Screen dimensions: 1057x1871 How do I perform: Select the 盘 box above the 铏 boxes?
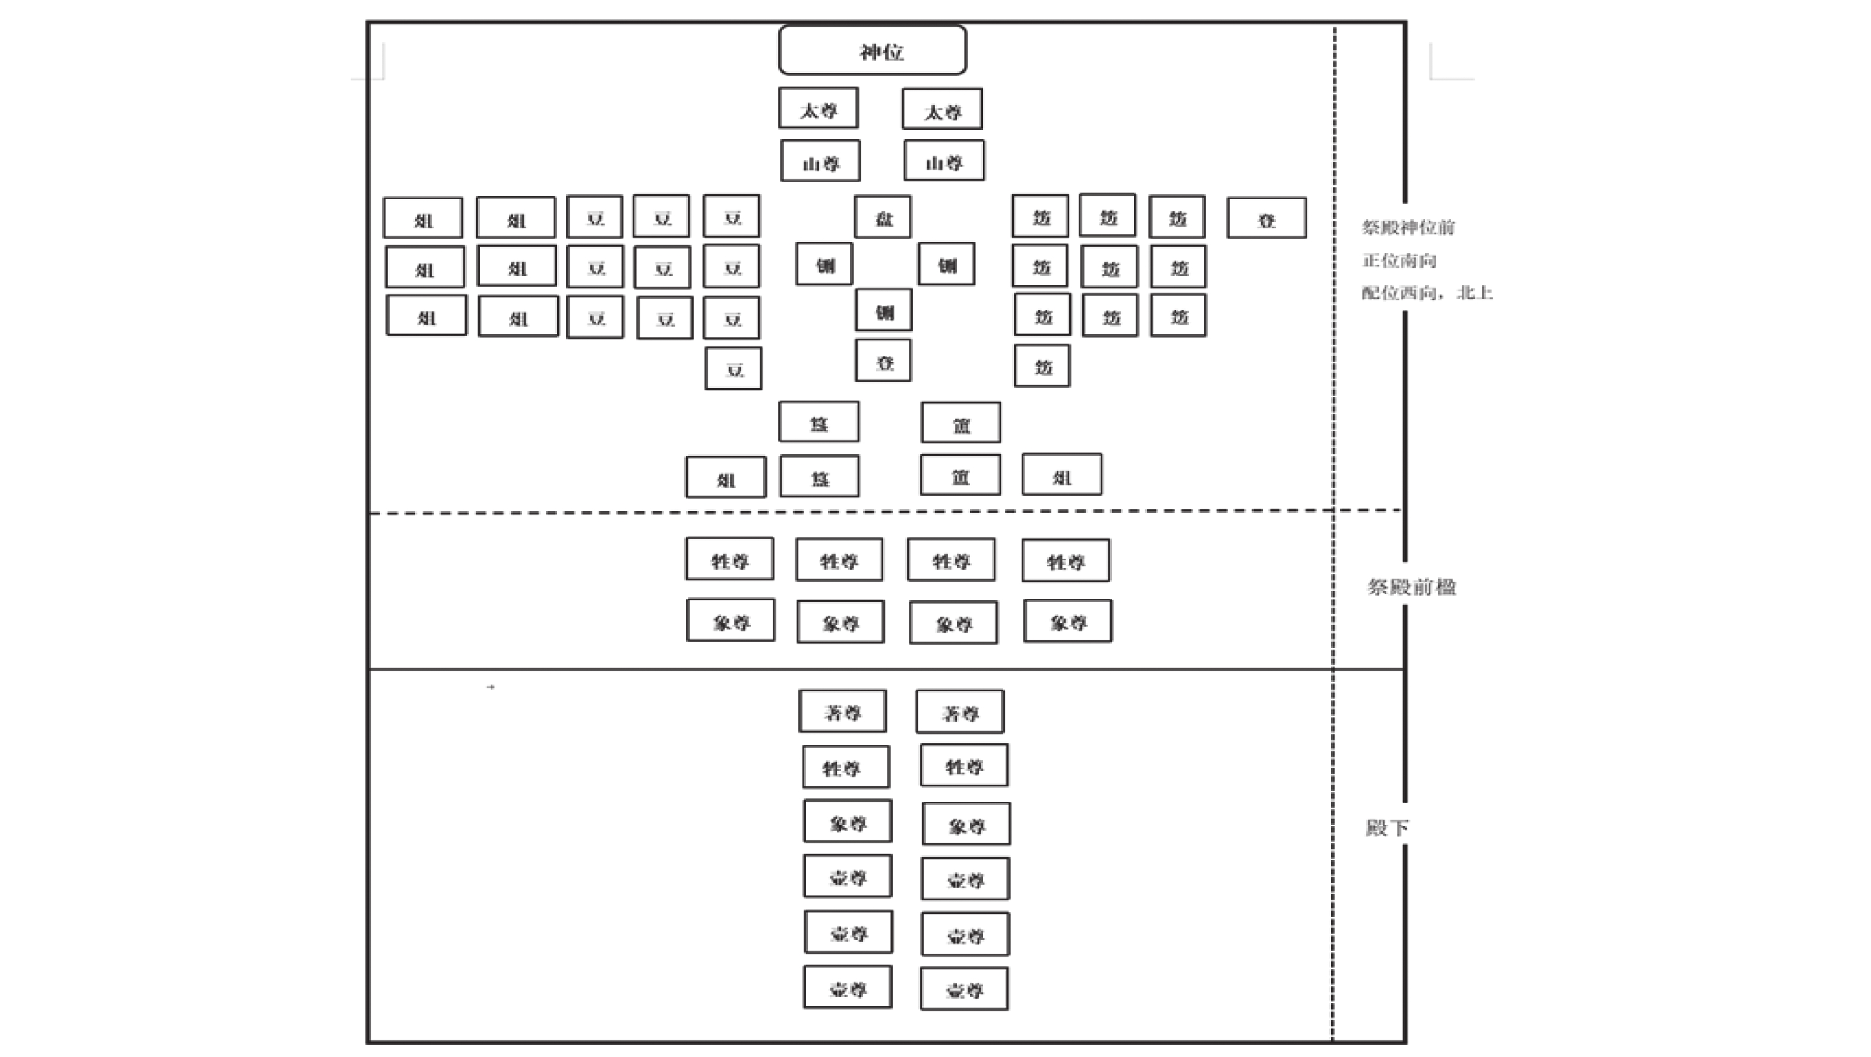point(883,217)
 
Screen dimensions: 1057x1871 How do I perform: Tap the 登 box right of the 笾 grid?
point(1266,218)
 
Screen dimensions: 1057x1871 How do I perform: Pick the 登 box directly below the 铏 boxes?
point(883,361)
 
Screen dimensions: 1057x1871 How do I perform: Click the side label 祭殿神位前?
point(1408,228)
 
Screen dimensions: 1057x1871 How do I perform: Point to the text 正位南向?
point(1399,261)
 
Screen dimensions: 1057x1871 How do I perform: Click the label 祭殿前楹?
point(1411,586)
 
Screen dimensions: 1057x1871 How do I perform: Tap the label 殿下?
point(1386,827)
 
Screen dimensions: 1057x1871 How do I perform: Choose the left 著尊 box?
point(842,712)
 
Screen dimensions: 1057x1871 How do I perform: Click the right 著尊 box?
point(960,712)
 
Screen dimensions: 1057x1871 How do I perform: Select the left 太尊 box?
point(818,109)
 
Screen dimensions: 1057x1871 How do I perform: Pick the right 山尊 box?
point(944,161)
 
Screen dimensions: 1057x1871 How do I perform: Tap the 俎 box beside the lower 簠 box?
point(1062,475)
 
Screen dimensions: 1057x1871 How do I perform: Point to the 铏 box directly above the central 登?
point(883,311)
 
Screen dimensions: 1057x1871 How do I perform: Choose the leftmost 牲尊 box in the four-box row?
point(729,560)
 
